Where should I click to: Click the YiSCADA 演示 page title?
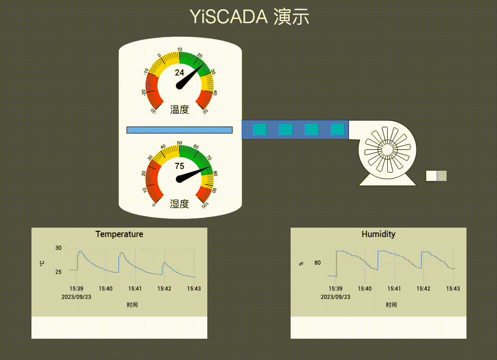[x=249, y=17]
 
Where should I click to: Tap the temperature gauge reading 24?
[x=179, y=73]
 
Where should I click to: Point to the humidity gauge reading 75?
[x=179, y=166]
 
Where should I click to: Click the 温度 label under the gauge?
[x=180, y=110]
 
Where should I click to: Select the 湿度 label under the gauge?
[x=180, y=204]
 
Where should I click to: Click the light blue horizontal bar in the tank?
[x=179, y=130]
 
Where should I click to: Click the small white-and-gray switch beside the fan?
[x=436, y=176]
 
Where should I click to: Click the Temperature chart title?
[x=119, y=234]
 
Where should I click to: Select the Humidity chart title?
[x=379, y=234]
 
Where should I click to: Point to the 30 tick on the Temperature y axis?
[x=58, y=248]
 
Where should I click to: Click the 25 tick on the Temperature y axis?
[x=58, y=272]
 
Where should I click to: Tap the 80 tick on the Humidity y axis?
[x=317, y=263]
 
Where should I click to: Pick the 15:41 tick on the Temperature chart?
[x=135, y=289]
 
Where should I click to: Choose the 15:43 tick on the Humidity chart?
[x=453, y=289]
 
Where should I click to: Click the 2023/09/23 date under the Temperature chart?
[x=76, y=297]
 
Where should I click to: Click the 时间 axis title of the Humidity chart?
[x=391, y=304]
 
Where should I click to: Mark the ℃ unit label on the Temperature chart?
[x=42, y=263]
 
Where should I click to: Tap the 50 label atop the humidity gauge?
[x=180, y=143]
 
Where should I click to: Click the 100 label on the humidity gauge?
[x=205, y=205]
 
